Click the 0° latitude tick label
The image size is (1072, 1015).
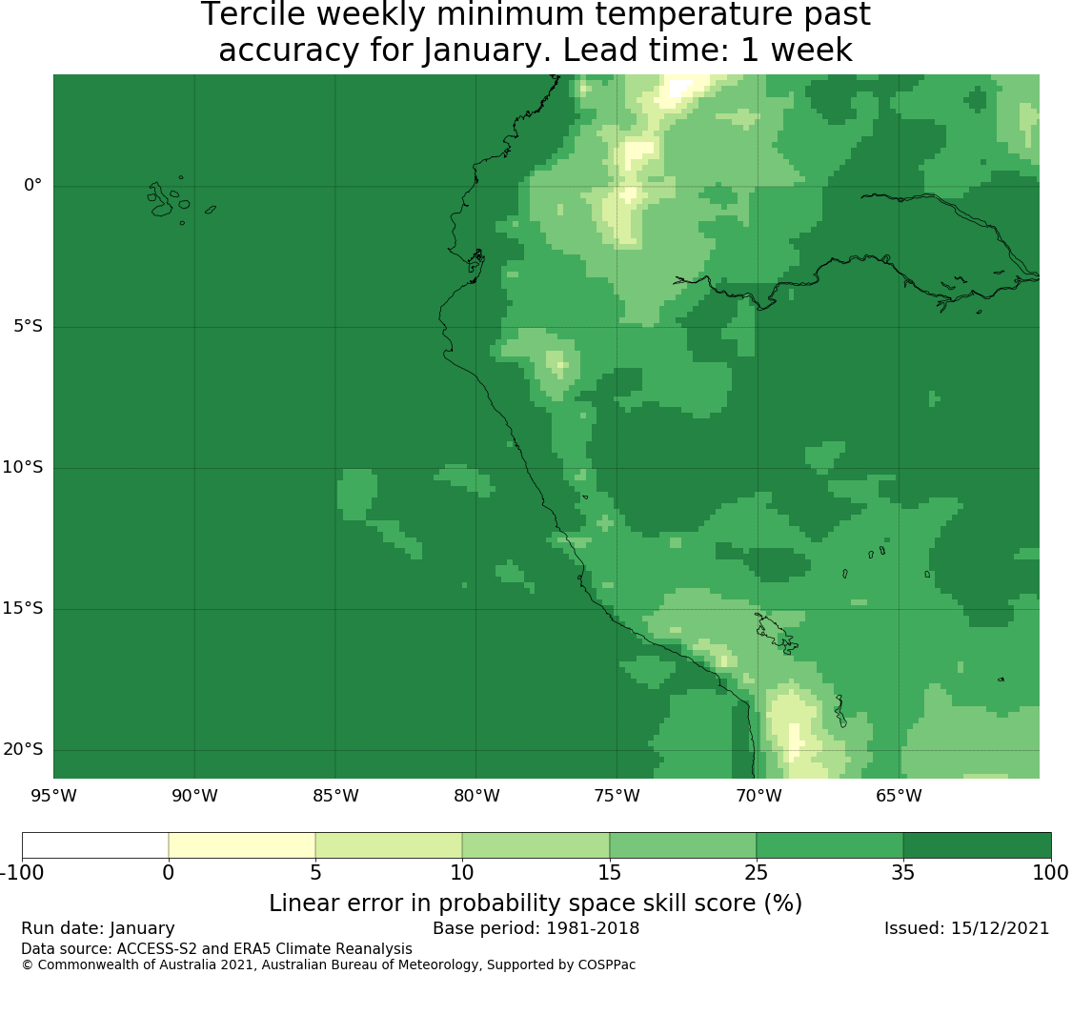tap(32, 185)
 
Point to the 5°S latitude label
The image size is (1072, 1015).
tap(28, 326)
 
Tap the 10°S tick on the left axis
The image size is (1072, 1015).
tap(23, 467)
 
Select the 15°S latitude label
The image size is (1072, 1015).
tap(23, 608)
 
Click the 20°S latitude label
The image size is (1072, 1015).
tap(23, 749)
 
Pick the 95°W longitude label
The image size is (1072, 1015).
tap(53, 796)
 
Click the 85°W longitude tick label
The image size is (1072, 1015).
tap(335, 796)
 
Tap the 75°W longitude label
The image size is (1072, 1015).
tap(617, 796)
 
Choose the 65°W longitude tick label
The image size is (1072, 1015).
tap(899, 796)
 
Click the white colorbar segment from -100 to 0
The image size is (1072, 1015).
tap(95, 845)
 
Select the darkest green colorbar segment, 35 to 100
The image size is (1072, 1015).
tap(977, 845)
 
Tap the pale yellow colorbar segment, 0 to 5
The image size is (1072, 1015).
tap(241, 845)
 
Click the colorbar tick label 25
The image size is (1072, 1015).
tap(757, 873)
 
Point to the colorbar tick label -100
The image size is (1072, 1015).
tap(22, 873)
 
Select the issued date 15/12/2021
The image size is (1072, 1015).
tap(999, 928)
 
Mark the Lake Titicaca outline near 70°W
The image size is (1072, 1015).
tap(776, 634)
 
